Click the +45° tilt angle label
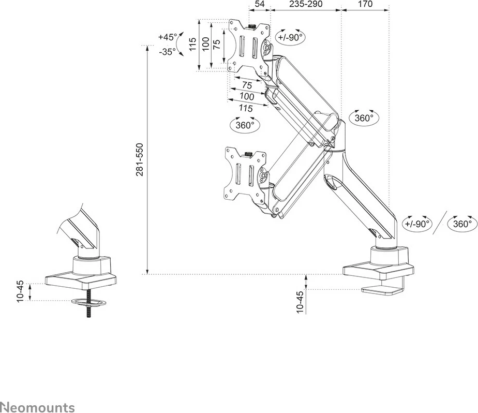pyautogui.click(x=167, y=37)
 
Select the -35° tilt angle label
pyautogui.click(x=167, y=51)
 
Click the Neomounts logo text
pyautogui.click(x=37, y=407)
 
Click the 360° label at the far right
pyautogui.click(x=462, y=224)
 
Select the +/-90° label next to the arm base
pyautogui.click(x=417, y=224)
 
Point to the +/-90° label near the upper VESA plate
pyautogui.click(x=291, y=37)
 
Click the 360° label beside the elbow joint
pyautogui.click(x=364, y=117)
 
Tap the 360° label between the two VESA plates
pyautogui.click(x=245, y=125)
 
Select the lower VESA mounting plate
pyautogui.click(x=244, y=174)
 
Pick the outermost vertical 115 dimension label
pyautogui.click(x=192, y=45)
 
